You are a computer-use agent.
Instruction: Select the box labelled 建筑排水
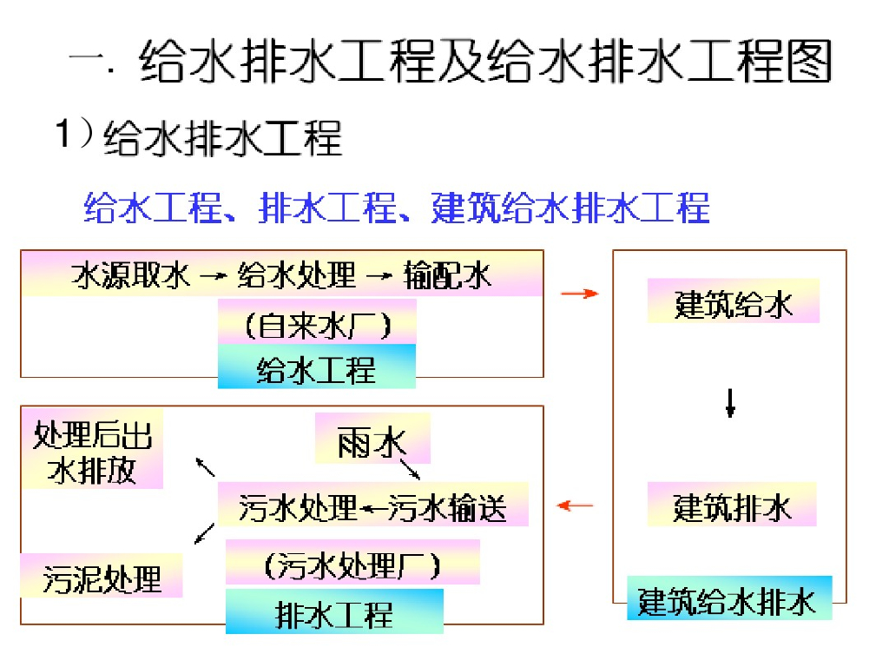click(x=732, y=505)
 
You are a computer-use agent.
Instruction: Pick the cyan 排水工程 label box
click(x=334, y=611)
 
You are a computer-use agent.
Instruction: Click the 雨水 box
click(x=372, y=439)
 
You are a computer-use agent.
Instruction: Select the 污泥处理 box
click(x=102, y=576)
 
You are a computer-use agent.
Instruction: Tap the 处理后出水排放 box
click(x=92, y=452)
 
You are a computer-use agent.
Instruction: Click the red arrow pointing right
click(x=580, y=294)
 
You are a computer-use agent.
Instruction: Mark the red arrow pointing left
click(x=575, y=505)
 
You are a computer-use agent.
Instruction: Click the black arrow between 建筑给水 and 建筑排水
click(x=730, y=401)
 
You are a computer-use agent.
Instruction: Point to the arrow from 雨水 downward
click(x=408, y=469)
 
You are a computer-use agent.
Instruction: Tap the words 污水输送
click(x=447, y=505)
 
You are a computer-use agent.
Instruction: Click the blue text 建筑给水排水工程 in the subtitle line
click(x=570, y=208)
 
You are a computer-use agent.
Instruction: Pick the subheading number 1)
click(x=73, y=135)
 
